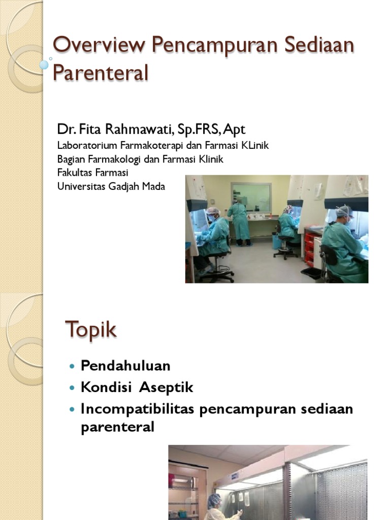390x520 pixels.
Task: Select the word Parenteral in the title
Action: coord(101,73)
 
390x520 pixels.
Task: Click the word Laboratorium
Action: coord(87,146)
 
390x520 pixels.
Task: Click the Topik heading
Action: coord(91,330)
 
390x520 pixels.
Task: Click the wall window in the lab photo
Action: coord(251,197)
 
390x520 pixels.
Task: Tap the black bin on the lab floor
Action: coord(311,273)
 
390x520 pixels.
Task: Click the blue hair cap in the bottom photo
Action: coord(214,499)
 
